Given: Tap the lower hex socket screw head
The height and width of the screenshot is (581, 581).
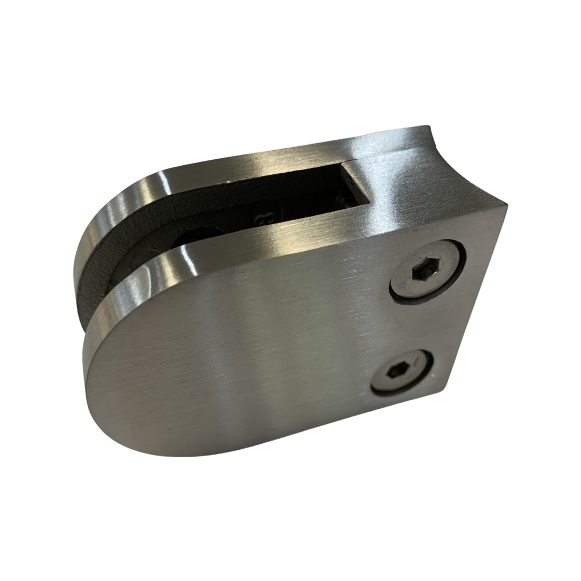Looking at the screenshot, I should [x=403, y=372].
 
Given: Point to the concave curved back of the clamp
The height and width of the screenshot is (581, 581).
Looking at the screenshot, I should [x=457, y=161].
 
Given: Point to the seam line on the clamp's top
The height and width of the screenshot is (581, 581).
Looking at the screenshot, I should [x=355, y=159].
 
